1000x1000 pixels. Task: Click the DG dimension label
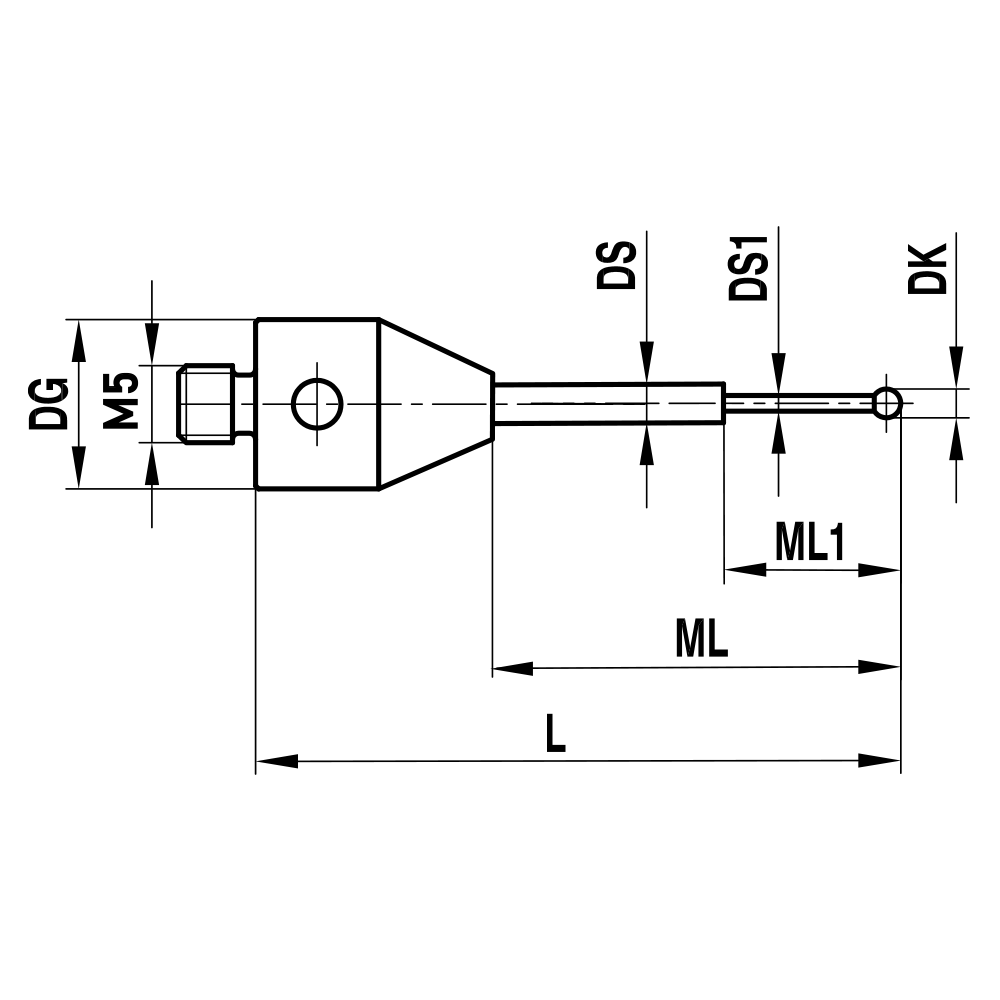(x=47, y=403)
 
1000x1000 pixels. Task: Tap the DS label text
(x=616, y=263)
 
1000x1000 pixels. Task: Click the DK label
(x=927, y=267)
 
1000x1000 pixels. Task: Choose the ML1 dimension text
(x=810, y=545)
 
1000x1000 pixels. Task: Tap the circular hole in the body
(x=317, y=404)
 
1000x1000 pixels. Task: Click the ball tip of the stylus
(x=887, y=403)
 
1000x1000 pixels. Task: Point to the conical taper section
(x=435, y=404)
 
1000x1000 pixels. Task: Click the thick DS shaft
(x=610, y=404)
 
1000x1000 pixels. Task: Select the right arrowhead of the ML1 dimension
(x=880, y=570)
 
